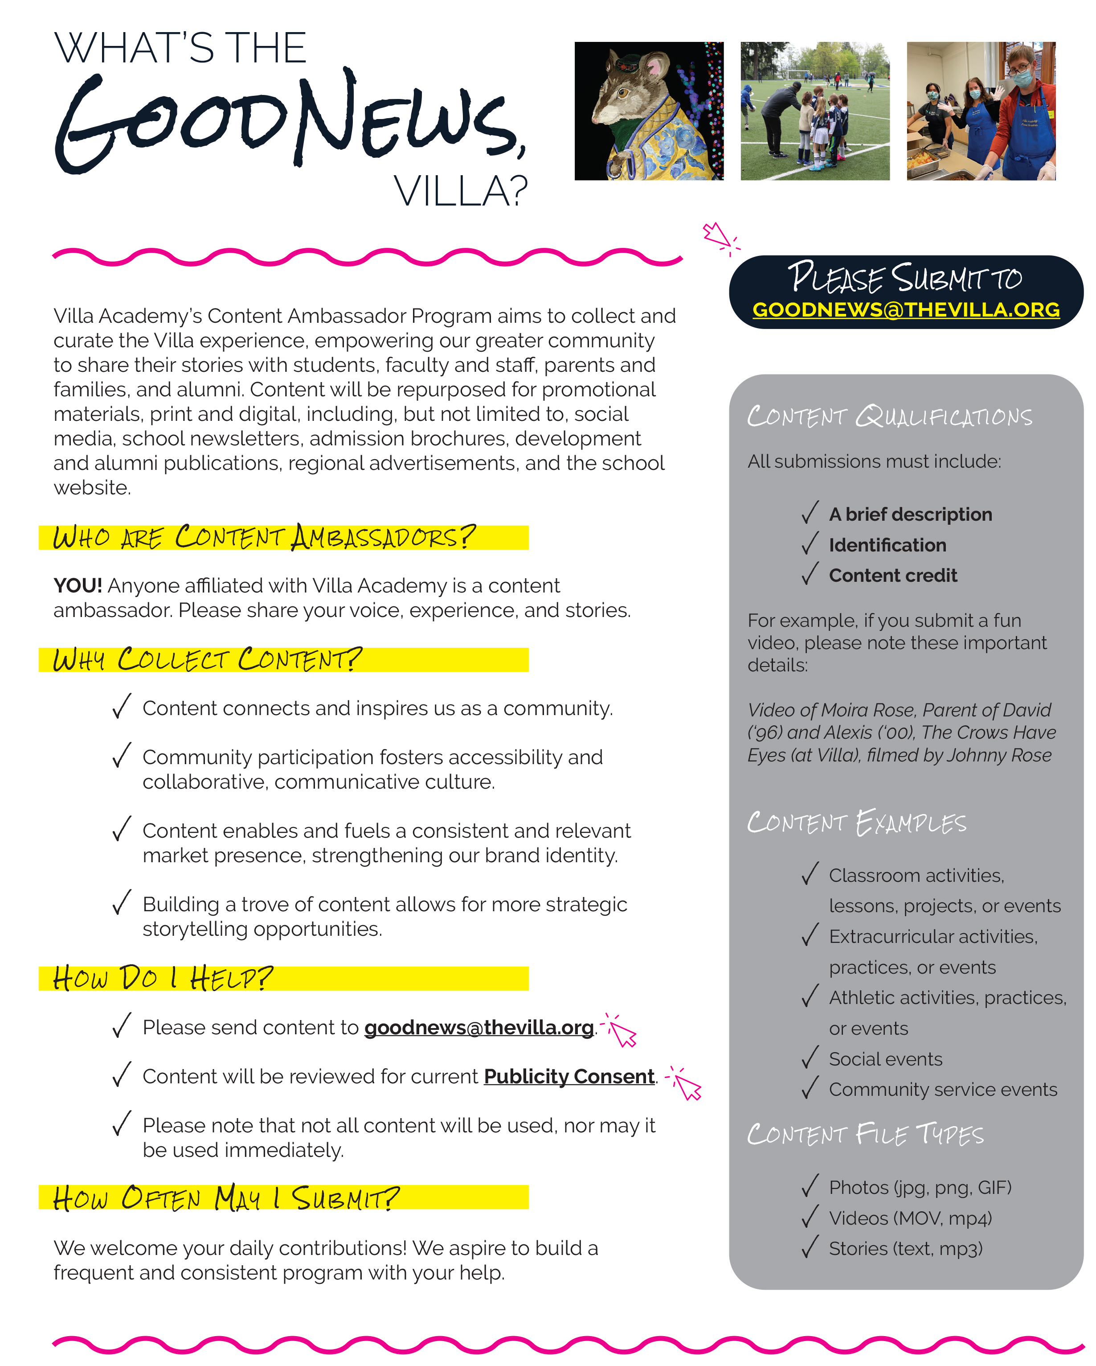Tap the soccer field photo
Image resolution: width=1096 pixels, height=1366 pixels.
point(815,111)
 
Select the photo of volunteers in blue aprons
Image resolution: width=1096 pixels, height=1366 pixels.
point(981,111)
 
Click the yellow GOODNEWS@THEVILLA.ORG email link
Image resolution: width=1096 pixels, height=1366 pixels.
point(905,309)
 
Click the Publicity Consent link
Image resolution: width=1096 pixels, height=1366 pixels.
point(568,1077)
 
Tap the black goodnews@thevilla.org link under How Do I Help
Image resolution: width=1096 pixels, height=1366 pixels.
point(478,1027)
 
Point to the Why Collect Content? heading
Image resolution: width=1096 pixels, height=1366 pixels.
point(207,659)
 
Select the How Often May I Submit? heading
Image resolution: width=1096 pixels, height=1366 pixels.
point(226,1198)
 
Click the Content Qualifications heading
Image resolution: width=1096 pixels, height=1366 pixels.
point(889,416)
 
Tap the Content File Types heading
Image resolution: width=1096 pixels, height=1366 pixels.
point(865,1134)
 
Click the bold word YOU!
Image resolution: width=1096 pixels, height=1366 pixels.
point(77,585)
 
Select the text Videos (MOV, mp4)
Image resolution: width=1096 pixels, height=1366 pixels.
point(910,1218)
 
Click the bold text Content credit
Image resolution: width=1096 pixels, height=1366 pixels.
point(893,575)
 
